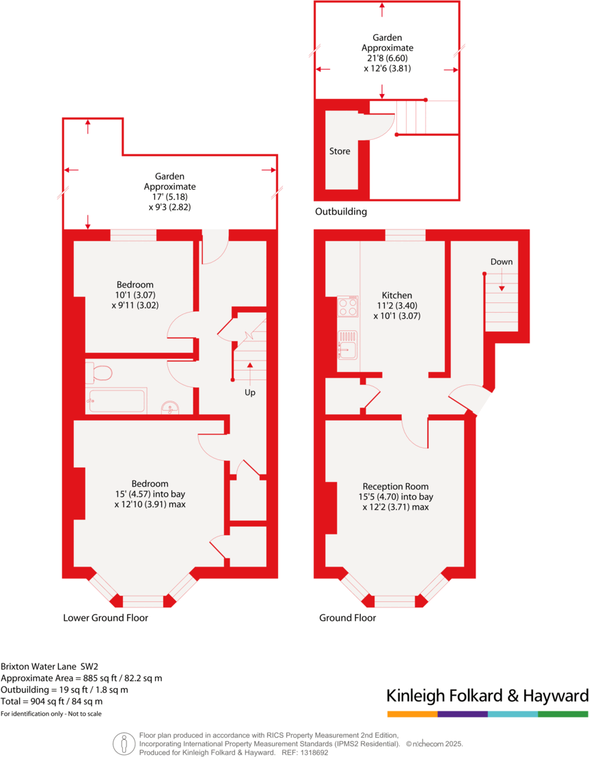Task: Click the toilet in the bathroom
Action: (x=101, y=373)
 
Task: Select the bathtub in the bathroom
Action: (x=116, y=400)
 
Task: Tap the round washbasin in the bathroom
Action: (x=170, y=409)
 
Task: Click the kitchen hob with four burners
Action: (x=348, y=306)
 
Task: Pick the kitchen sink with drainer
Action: (x=347, y=344)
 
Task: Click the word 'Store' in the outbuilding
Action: (x=340, y=151)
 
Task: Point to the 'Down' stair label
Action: (x=501, y=261)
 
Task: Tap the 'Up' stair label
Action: (x=250, y=392)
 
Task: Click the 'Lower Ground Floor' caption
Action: (x=105, y=618)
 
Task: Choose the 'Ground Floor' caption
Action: (x=347, y=618)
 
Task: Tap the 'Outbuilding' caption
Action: (x=340, y=212)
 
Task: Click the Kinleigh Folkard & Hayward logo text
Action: (x=487, y=696)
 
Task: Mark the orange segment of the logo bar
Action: (x=412, y=714)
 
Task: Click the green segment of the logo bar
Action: (x=562, y=714)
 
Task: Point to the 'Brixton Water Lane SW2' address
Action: (x=50, y=666)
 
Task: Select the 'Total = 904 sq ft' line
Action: (x=52, y=701)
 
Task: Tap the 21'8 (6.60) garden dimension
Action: (x=386, y=58)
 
